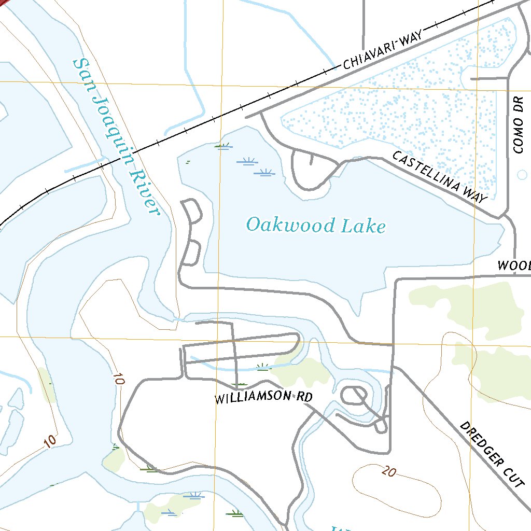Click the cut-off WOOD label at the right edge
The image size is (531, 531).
514,266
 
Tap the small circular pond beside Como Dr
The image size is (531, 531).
522,174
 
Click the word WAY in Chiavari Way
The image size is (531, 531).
411,40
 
